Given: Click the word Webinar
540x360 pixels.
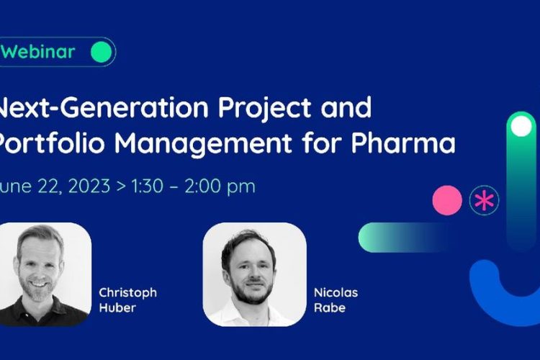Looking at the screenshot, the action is [x=37, y=52].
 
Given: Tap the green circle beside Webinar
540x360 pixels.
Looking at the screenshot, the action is [x=102, y=52].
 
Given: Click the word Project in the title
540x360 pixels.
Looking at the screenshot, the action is [x=264, y=108].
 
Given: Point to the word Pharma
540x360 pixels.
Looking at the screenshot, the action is [x=403, y=142].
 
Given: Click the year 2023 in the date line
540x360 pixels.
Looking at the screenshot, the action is [x=89, y=186].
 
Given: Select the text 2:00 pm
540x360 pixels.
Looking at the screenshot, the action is [x=220, y=186].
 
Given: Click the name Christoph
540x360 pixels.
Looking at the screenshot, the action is [x=127, y=293].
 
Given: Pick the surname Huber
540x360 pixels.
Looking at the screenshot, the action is [x=117, y=307].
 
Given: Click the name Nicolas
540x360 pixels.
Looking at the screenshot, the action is [x=336, y=293].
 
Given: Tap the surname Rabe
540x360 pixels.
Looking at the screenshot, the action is [x=330, y=307].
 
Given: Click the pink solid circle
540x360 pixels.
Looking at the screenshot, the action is [x=447, y=200].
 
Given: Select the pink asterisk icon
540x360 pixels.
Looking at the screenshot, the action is [x=484, y=200].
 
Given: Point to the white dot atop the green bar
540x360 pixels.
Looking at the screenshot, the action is [x=521, y=126].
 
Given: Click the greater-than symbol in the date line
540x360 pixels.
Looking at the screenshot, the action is [x=121, y=186].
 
